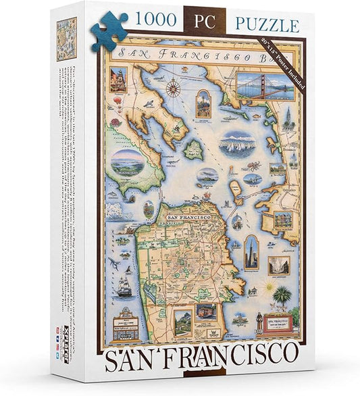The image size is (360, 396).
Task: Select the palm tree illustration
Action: [x=280, y=296]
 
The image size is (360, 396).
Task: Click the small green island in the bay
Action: [x=194, y=150]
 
